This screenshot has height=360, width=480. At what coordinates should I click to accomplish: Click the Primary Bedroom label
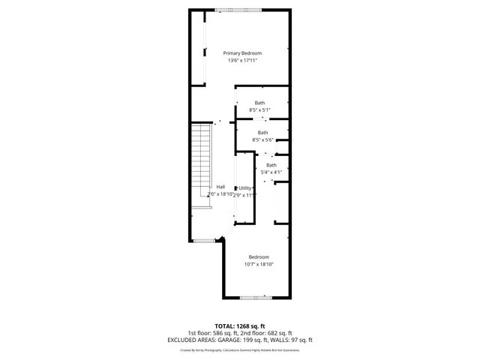[x=242, y=53]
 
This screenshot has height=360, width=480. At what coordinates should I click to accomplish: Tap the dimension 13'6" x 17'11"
[x=242, y=61]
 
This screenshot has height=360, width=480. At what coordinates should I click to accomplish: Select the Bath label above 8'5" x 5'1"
[x=259, y=103]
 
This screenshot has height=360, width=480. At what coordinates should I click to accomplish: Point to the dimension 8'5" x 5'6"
[x=262, y=139]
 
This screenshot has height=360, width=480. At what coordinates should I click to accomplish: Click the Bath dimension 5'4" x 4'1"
[x=271, y=172]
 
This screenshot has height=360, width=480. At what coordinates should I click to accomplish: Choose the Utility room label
[x=245, y=187]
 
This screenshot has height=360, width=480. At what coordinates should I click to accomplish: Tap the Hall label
[x=220, y=187]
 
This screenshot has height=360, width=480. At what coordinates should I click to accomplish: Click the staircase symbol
[x=199, y=165]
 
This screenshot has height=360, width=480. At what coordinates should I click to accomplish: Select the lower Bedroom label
[x=259, y=256]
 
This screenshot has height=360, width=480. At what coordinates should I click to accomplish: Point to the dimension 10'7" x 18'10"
[x=259, y=264]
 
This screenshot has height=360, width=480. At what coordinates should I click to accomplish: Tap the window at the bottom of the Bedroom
[x=256, y=298]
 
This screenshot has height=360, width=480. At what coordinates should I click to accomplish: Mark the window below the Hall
[x=203, y=241]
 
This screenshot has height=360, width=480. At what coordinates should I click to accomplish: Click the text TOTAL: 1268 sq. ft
[x=239, y=325]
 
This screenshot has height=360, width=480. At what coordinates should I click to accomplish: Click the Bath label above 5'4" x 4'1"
[x=271, y=165]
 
